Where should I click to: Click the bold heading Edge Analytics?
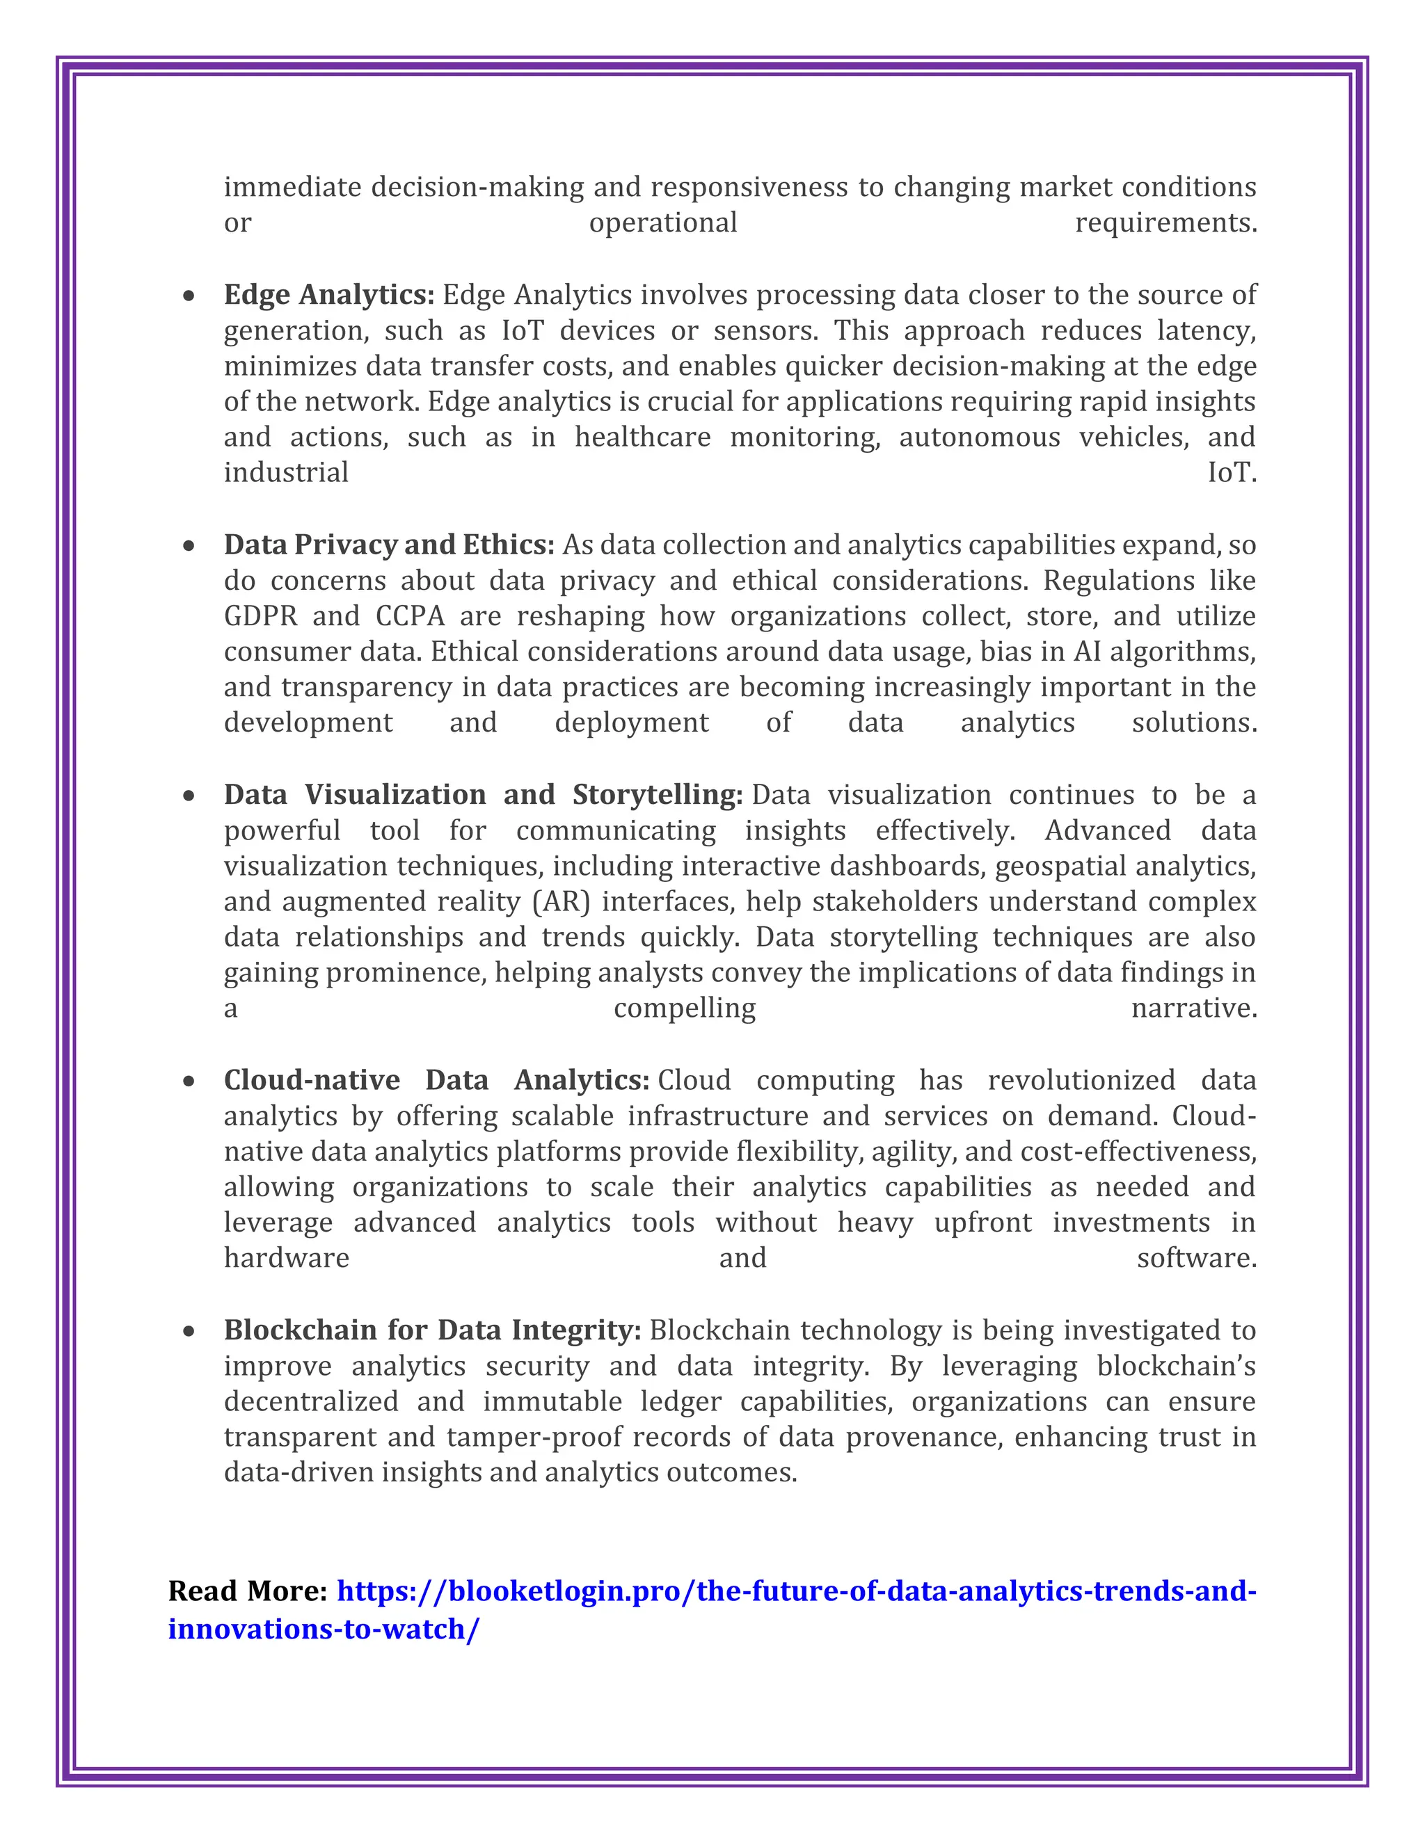point(328,294)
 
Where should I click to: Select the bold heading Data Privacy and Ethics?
point(388,545)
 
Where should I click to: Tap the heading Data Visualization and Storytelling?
point(482,795)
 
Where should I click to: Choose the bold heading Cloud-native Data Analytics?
point(436,1080)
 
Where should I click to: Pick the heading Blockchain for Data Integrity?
point(432,1330)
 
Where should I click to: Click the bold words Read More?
point(247,1591)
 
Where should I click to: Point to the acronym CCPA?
point(409,616)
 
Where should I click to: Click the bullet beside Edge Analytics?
point(189,296)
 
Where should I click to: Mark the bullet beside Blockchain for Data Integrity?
point(189,1332)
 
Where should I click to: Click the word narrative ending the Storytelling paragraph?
point(1193,1008)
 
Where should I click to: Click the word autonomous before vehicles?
point(979,437)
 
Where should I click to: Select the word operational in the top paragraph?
point(662,223)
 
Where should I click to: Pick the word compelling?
point(684,1009)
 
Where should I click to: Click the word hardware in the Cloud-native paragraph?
point(286,1258)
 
